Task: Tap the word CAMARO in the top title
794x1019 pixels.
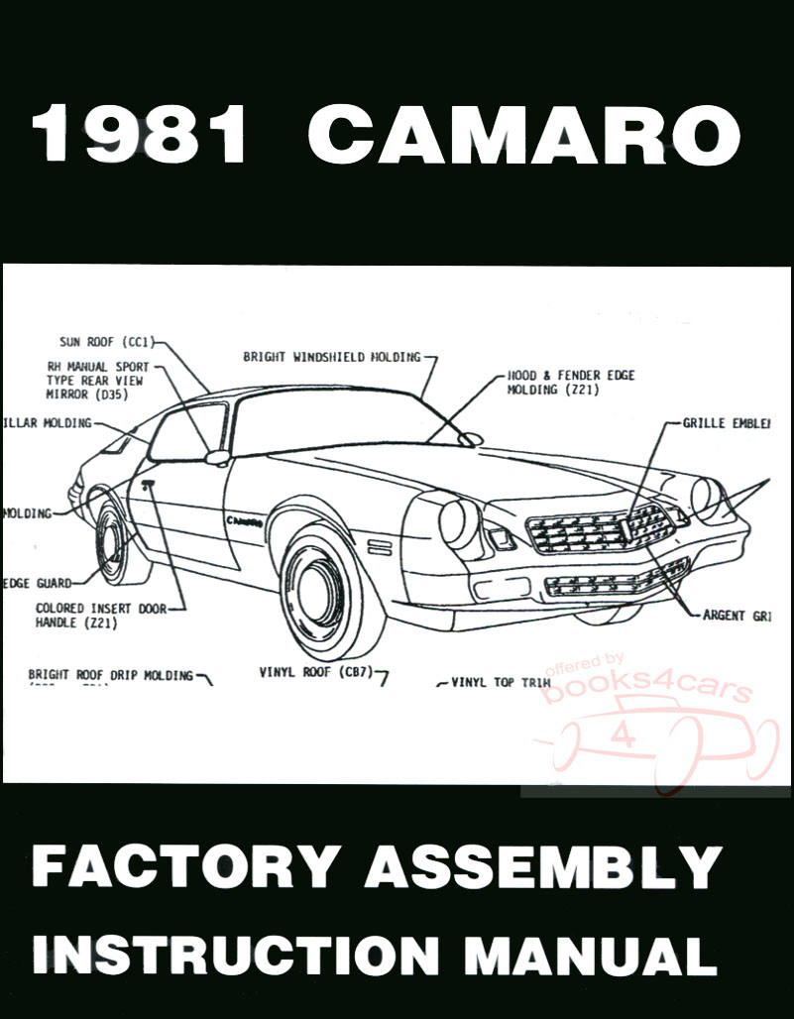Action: coord(523,137)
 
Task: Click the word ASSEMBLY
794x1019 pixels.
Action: coord(542,867)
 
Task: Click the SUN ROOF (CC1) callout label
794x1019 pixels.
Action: coord(105,342)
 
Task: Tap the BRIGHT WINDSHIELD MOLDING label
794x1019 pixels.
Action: coord(331,356)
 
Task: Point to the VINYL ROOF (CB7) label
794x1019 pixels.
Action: coord(314,672)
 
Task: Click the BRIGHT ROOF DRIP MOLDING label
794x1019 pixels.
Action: coord(110,675)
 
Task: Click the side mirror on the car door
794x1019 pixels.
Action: coord(216,458)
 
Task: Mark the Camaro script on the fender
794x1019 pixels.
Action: coord(244,518)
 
